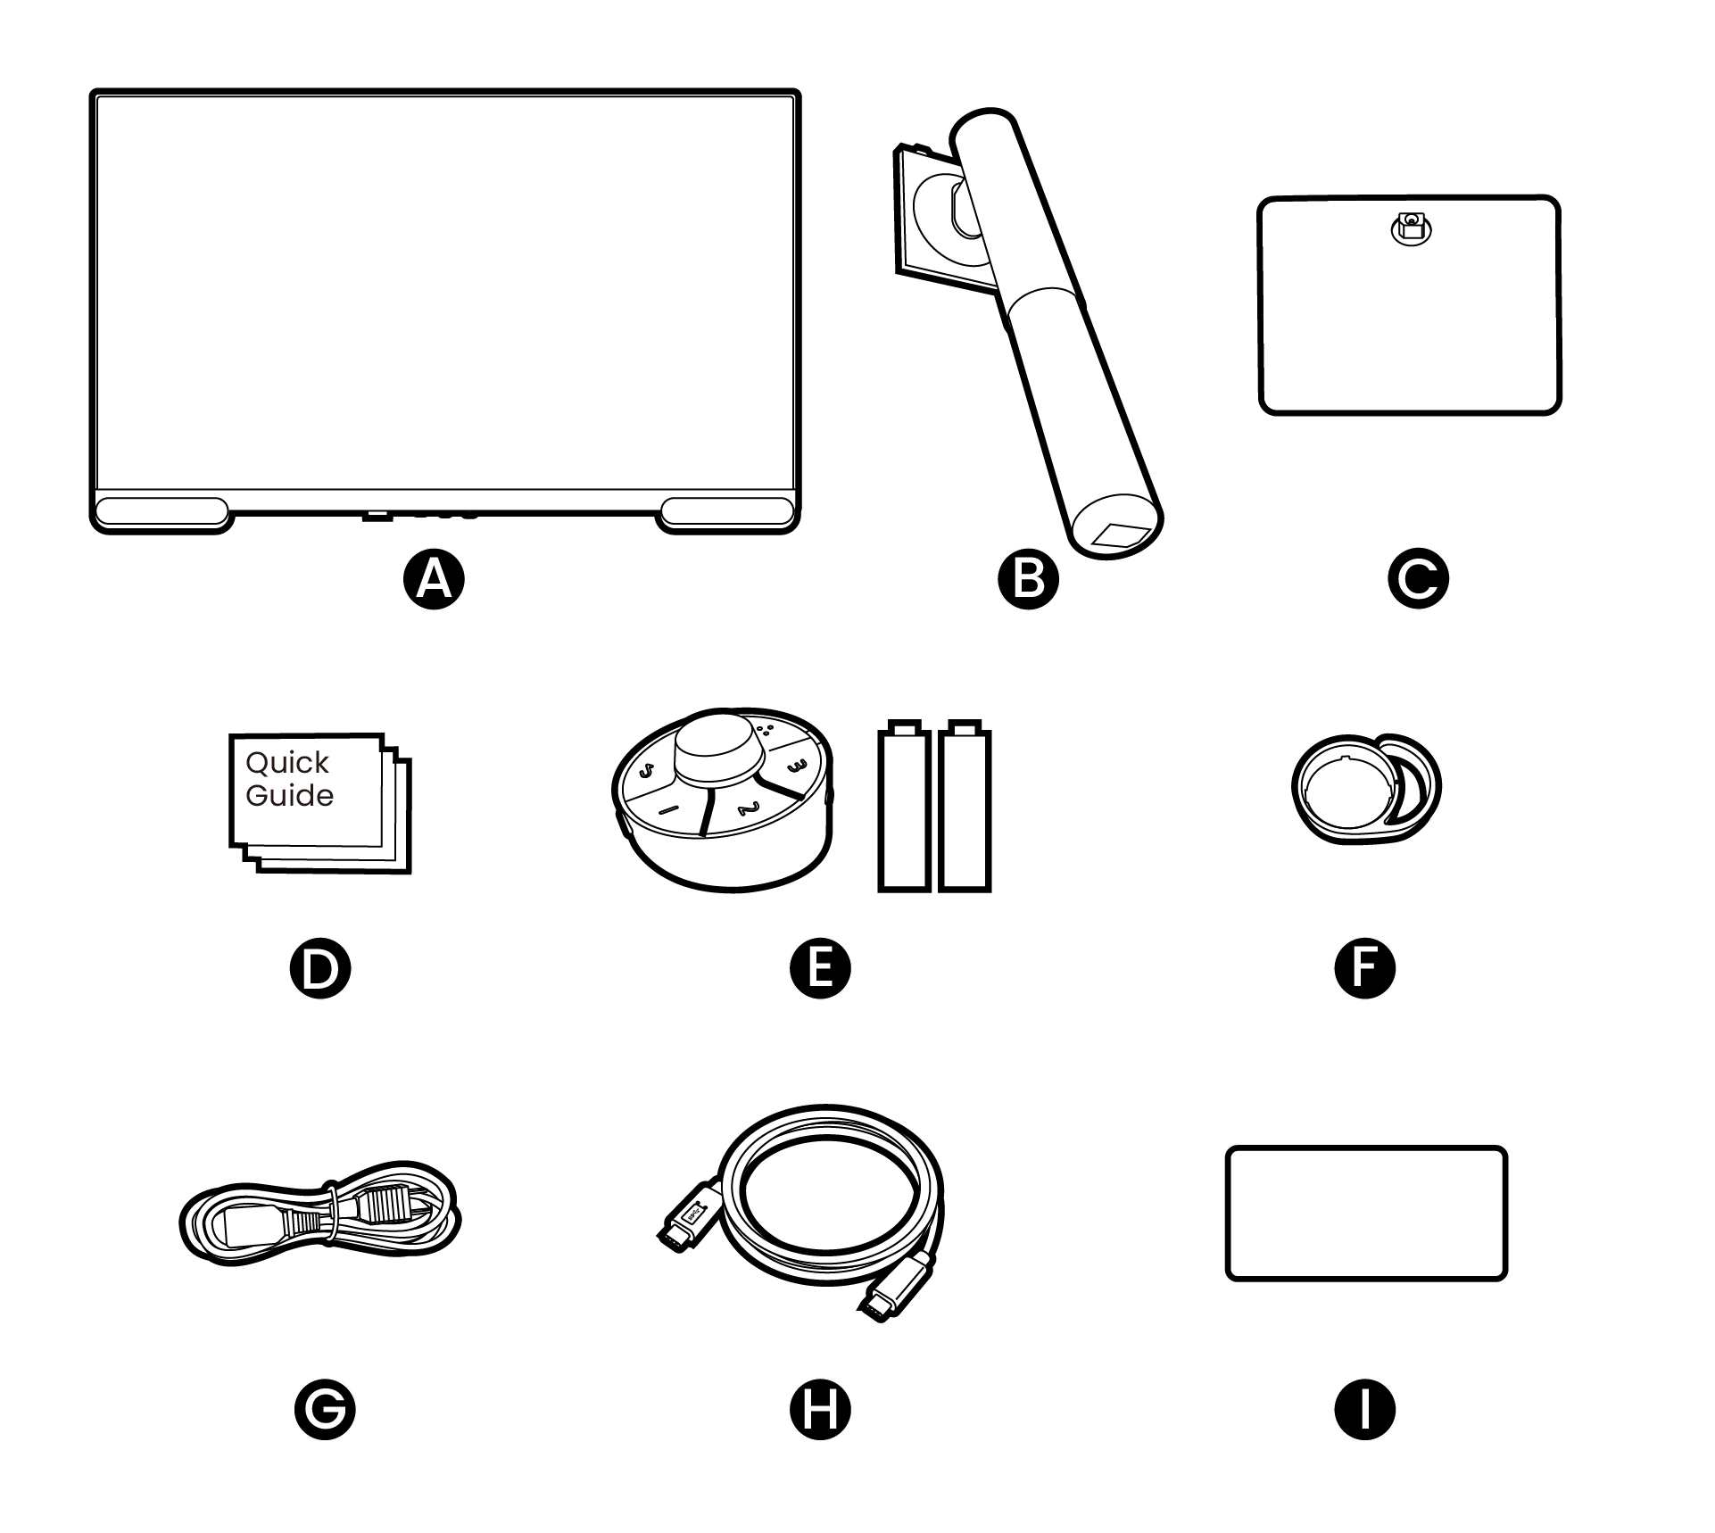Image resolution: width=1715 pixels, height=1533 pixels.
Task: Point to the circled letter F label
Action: (1364, 968)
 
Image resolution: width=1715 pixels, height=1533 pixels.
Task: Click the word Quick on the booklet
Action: (286, 763)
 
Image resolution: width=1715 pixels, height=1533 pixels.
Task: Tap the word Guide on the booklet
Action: (289, 795)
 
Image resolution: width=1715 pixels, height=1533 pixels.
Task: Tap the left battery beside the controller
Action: (904, 808)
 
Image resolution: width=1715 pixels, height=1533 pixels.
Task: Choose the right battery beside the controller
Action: (965, 808)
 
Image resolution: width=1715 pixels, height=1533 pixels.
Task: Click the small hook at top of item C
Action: (1411, 227)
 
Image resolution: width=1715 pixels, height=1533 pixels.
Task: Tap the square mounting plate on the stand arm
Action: (928, 219)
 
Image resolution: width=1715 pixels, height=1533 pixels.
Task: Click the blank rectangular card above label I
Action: (1365, 1213)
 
